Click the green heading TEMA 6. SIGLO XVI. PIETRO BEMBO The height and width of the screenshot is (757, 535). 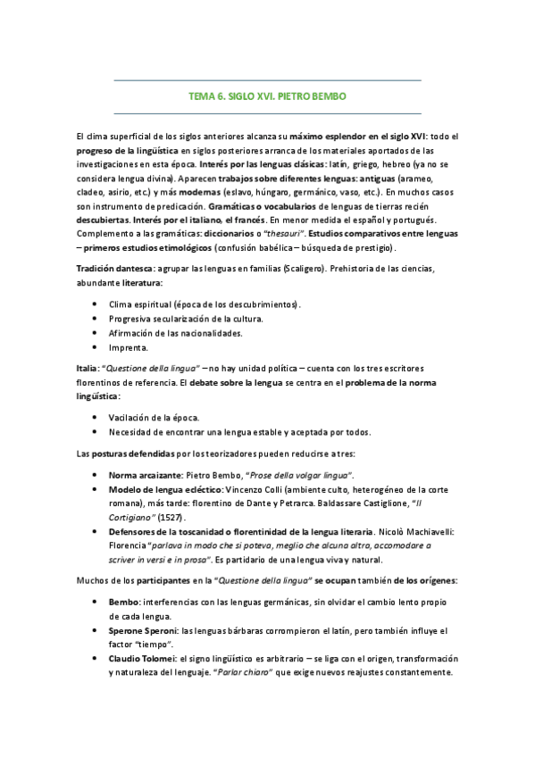268,96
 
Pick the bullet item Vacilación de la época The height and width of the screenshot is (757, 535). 154,417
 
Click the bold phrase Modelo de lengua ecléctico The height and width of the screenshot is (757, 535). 165,489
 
